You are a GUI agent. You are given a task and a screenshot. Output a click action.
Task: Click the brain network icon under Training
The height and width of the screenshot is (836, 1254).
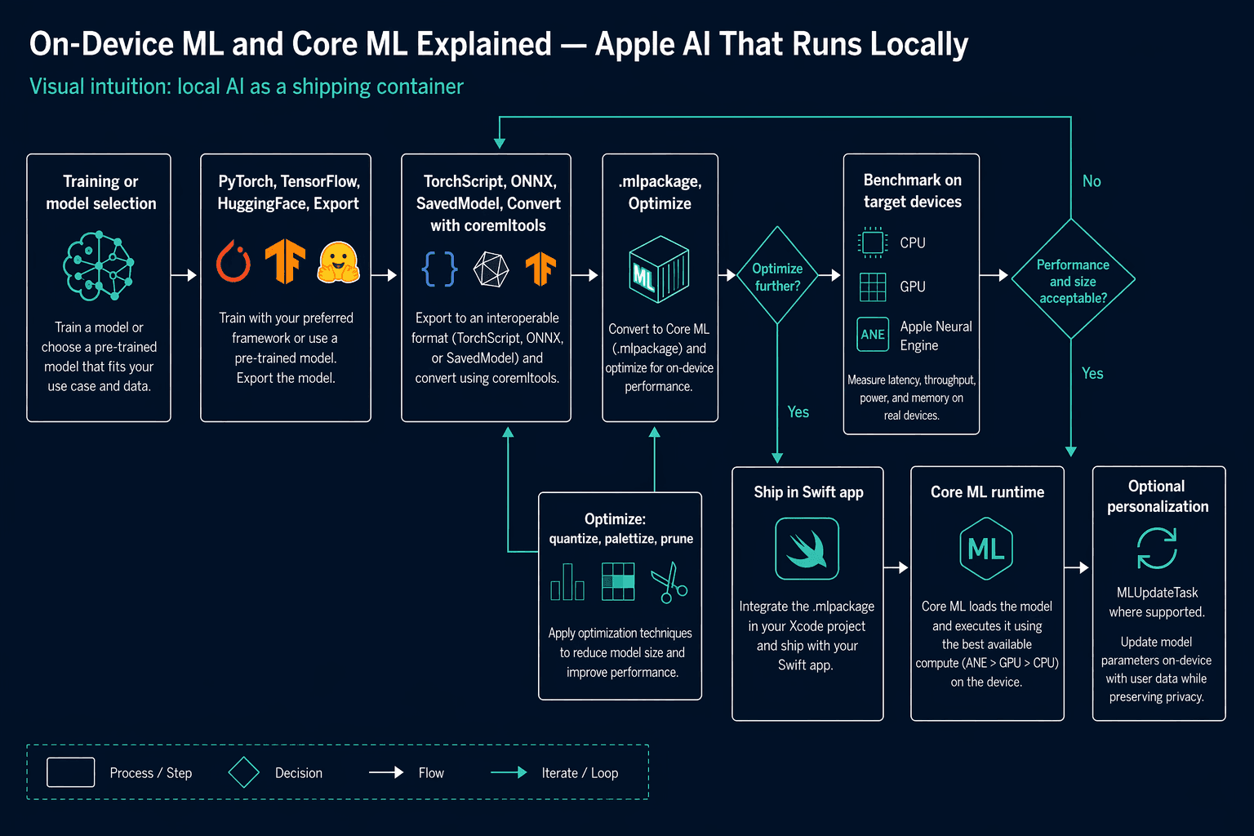click(99, 265)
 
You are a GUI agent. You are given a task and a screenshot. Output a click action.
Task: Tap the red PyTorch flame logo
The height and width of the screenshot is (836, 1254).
click(233, 261)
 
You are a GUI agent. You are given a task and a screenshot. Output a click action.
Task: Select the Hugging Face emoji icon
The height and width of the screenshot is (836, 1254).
click(338, 262)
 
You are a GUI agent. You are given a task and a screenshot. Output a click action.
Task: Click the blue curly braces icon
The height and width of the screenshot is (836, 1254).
click(439, 269)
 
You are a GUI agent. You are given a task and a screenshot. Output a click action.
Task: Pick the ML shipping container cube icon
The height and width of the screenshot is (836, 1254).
click(659, 269)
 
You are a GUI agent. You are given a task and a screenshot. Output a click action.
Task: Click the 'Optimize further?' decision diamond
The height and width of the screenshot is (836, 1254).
click(777, 275)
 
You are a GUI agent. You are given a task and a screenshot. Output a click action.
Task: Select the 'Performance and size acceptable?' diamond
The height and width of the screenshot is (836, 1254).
click(1072, 279)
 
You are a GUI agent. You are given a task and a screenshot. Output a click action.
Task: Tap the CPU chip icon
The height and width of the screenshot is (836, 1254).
click(872, 242)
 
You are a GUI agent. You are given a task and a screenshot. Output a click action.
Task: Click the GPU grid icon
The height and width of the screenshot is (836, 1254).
click(872, 287)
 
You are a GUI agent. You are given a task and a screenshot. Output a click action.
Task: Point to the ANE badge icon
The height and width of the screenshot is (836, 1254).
click(872, 334)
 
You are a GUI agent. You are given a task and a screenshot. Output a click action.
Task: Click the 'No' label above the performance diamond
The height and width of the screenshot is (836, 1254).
click(1091, 181)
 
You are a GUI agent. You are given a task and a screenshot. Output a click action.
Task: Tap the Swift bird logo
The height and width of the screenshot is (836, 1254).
click(807, 549)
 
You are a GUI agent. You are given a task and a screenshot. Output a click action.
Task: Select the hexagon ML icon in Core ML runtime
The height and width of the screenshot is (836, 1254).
click(986, 549)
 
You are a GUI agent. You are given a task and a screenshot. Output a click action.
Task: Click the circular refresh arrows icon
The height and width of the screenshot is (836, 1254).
click(1157, 548)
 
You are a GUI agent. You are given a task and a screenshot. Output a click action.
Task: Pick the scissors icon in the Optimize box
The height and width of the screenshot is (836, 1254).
click(669, 582)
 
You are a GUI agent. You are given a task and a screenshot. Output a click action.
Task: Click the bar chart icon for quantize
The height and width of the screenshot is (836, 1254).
click(567, 582)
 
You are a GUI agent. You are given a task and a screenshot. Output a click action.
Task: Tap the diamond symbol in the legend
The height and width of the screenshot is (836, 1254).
click(243, 772)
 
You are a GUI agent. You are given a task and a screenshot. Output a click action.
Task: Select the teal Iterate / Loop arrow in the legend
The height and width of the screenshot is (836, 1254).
click(509, 772)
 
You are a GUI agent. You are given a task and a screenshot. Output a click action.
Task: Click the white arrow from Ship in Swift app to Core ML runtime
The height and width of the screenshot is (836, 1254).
click(896, 567)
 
